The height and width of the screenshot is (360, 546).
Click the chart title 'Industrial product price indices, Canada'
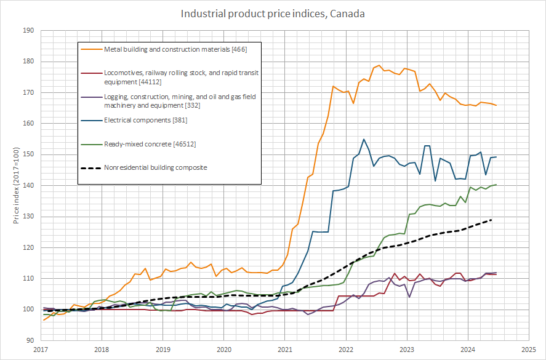273,14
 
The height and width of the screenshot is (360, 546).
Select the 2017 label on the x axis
41,350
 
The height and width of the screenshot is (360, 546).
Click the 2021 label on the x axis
284,350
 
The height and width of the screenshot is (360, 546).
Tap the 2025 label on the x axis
528,350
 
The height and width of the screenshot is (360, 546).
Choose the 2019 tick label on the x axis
163,350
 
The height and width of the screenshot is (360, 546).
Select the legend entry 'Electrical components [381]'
145,120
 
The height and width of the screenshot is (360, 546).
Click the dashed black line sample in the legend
91,167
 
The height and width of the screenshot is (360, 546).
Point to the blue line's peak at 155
364,139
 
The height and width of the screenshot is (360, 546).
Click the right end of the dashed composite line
491,220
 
